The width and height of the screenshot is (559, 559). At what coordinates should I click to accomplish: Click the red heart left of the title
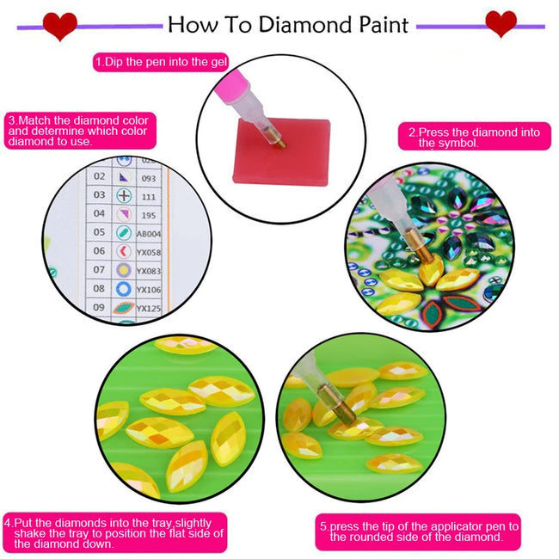click(60, 26)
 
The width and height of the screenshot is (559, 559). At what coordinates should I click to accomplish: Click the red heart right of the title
click(501, 24)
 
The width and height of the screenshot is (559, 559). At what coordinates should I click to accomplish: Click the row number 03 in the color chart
click(99, 194)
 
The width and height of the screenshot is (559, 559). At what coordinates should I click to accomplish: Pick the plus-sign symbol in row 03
click(124, 194)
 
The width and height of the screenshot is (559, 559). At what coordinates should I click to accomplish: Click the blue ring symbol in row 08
click(124, 288)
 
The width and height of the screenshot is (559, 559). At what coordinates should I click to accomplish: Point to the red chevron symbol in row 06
click(124, 251)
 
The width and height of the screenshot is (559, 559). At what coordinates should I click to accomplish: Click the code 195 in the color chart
click(147, 213)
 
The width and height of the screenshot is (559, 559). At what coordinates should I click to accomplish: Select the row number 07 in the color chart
click(99, 270)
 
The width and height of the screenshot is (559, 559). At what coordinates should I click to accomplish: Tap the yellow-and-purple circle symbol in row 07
click(124, 270)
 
